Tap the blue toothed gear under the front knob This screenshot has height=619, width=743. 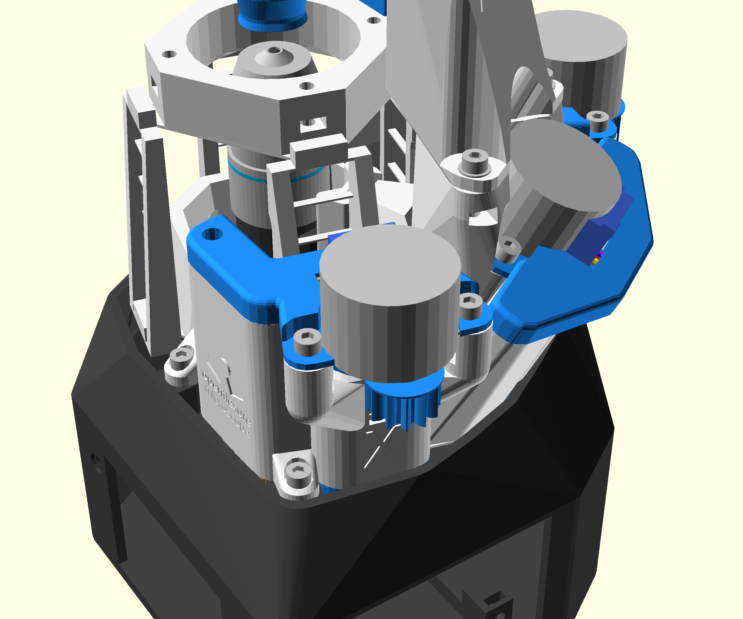(x=403, y=403)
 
